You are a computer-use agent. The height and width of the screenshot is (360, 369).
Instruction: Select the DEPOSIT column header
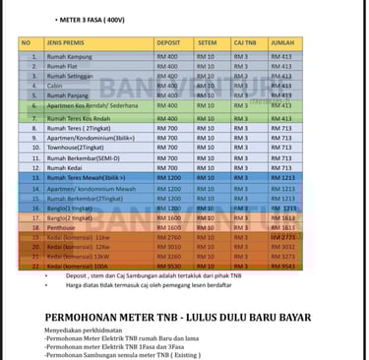(167, 43)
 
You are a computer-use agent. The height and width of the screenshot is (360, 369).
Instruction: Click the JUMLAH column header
(281, 43)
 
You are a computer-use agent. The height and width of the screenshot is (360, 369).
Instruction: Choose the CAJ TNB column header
(244, 43)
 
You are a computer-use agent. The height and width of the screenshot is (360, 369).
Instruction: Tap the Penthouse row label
(63, 226)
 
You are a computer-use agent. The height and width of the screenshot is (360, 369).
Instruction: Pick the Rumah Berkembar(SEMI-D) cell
(83, 156)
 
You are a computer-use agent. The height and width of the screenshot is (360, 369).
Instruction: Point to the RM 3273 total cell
(281, 256)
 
